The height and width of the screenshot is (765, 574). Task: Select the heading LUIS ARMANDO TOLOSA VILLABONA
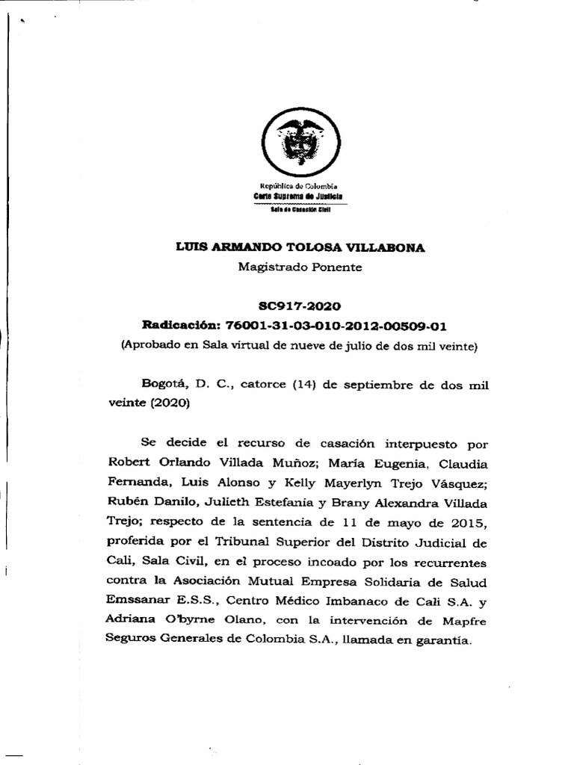pyautogui.click(x=299, y=248)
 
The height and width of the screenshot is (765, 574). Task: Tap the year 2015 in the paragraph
pyautogui.click(x=470, y=521)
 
